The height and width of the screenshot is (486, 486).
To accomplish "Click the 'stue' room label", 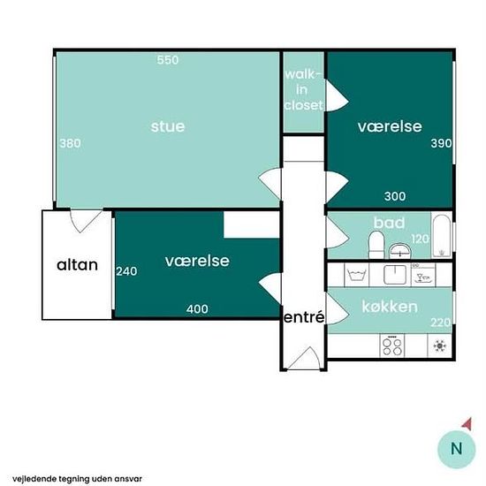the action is point(168,126).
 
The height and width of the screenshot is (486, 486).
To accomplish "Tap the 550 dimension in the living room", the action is point(168,60).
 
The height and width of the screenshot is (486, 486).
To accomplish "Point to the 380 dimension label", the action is point(70,143).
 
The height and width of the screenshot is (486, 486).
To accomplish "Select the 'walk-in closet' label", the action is point(303,90).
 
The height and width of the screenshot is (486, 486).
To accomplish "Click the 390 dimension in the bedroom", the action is point(441,143).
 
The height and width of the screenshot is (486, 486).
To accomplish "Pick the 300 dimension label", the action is point(395,196).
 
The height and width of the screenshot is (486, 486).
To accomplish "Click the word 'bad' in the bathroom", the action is point(389,223).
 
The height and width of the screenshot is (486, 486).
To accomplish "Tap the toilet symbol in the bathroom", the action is point(376,245).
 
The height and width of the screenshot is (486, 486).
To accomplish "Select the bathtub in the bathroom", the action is point(441,235).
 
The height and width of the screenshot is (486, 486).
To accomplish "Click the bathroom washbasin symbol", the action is point(399,250).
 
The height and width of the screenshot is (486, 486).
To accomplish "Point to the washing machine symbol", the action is point(357,275).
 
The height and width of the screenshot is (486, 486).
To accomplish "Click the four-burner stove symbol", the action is point(392,346).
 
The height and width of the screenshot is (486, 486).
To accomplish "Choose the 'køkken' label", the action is point(390,307).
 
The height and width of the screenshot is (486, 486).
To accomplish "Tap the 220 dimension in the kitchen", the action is point(440,323).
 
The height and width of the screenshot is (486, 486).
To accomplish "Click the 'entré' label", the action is point(304,317).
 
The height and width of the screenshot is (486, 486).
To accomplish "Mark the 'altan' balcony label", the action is point(77,265).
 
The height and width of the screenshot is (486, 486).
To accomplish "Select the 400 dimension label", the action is point(197,308).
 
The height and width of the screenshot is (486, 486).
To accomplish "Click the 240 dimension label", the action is point(126,271).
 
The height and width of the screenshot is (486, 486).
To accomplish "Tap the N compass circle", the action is point(456,449).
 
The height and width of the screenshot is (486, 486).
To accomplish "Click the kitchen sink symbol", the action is point(395,275).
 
